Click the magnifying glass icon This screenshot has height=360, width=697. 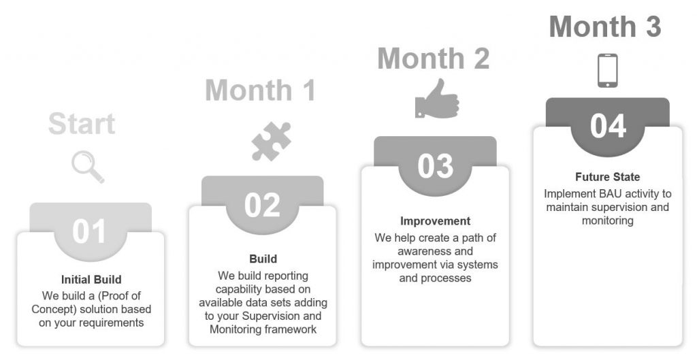pyautogui.click(x=88, y=167)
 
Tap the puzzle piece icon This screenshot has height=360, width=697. pyautogui.click(x=271, y=141)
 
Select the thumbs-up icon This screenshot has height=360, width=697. pyautogui.click(x=436, y=99)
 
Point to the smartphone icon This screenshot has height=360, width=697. pyautogui.click(x=607, y=70)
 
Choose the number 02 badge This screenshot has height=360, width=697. pyautogui.click(x=262, y=205)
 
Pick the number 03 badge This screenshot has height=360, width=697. pyautogui.click(x=435, y=166)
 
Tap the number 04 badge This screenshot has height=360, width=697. pyautogui.click(x=608, y=126)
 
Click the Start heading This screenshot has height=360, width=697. pyautogui.click(x=82, y=124)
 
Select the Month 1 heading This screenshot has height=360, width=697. pyautogui.click(x=261, y=91)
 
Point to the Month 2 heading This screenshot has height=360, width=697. pyautogui.click(x=434, y=59)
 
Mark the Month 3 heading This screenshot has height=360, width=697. pyautogui.click(x=605, y=27)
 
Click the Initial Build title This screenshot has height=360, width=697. pyautogui.click(x=91, y=280)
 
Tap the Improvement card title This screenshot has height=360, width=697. pyautogui.click(x=435, y=221)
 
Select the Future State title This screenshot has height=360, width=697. pyautogui.click(x=608, y=177)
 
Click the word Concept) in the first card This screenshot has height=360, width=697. pyautogui.click(x=52, y=310)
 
